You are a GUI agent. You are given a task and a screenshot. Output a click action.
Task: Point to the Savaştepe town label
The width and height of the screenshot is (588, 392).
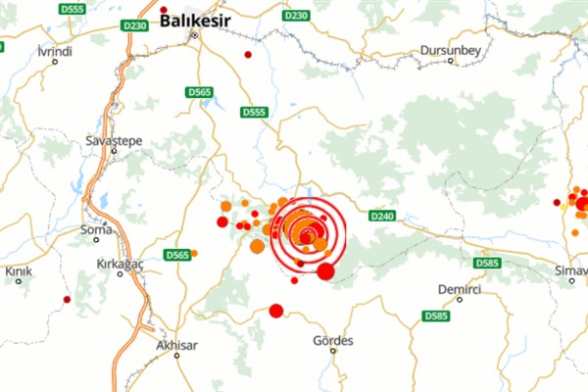(114, 141)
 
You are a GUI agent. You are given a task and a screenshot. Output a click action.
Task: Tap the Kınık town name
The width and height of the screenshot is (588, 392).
(19, 270)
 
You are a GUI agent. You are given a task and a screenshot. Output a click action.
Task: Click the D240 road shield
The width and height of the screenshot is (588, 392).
(381, 214)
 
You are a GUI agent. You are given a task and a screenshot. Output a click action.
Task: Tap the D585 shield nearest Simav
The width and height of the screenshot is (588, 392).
(486, 263)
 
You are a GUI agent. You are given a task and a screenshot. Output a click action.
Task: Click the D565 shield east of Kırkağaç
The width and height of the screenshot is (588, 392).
(177, 255)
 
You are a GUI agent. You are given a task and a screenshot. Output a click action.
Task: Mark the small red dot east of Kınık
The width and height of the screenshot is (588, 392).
(67, 299)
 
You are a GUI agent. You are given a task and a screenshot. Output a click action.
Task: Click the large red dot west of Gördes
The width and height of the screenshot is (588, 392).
(275, 312)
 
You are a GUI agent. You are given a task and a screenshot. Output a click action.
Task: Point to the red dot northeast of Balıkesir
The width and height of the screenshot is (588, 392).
(248, 54)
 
